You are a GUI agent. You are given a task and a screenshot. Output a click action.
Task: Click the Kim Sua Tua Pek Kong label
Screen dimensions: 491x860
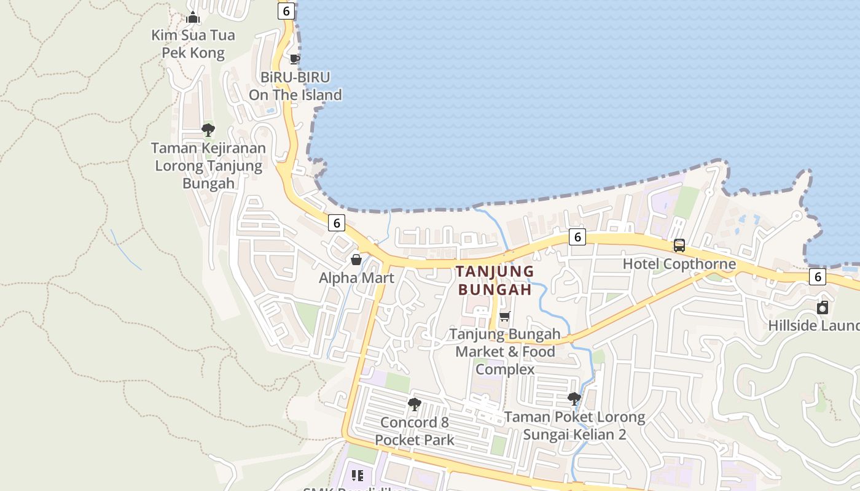(x=193, y=44)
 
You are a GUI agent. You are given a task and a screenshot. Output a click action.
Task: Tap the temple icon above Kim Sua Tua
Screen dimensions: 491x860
(x=193, y=17)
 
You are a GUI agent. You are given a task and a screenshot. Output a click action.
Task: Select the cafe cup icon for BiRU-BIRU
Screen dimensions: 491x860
(x=295, y=59)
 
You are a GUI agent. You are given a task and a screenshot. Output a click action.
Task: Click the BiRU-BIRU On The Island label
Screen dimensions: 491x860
(x=295, y=86)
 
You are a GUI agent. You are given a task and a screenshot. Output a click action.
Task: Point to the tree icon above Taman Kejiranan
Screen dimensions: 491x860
(x=208, y=130)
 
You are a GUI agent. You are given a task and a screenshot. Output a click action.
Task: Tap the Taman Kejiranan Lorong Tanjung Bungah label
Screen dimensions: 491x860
(x=208, y=165)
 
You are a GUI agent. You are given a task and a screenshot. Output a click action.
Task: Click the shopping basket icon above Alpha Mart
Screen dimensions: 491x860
(x=356, y=260)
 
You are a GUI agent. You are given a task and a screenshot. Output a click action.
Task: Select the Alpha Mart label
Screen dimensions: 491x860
(x=356, y=278)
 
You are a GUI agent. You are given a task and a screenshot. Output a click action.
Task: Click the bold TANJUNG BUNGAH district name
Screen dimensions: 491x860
(x=495, y=280)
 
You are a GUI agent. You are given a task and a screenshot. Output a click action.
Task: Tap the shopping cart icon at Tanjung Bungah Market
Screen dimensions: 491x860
(x=505, y=316)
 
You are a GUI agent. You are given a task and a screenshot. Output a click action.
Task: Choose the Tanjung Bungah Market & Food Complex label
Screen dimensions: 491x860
(x=505, y=352)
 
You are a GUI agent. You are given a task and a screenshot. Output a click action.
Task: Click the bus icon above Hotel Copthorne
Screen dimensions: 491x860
(x=679, y=245)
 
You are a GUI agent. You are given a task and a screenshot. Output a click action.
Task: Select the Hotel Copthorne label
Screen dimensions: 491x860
(x=679, y=264)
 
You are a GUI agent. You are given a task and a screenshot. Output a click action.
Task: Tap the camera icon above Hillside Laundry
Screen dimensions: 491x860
(x=823, y=307)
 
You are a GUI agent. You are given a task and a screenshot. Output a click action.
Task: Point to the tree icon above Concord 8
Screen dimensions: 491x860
(x=415, y=404)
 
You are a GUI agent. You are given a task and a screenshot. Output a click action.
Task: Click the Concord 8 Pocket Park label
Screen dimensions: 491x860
(x=415, y=431)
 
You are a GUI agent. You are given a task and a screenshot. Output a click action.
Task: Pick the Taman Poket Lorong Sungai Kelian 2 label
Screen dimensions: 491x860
(x=574, y=426)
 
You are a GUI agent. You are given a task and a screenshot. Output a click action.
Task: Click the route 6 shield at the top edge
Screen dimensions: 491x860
(x=286, y=10)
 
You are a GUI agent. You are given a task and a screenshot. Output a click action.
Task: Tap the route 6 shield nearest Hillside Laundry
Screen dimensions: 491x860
(x=817, y=277)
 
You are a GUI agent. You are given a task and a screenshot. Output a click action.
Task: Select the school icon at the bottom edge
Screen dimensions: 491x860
(x=358, y=475)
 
